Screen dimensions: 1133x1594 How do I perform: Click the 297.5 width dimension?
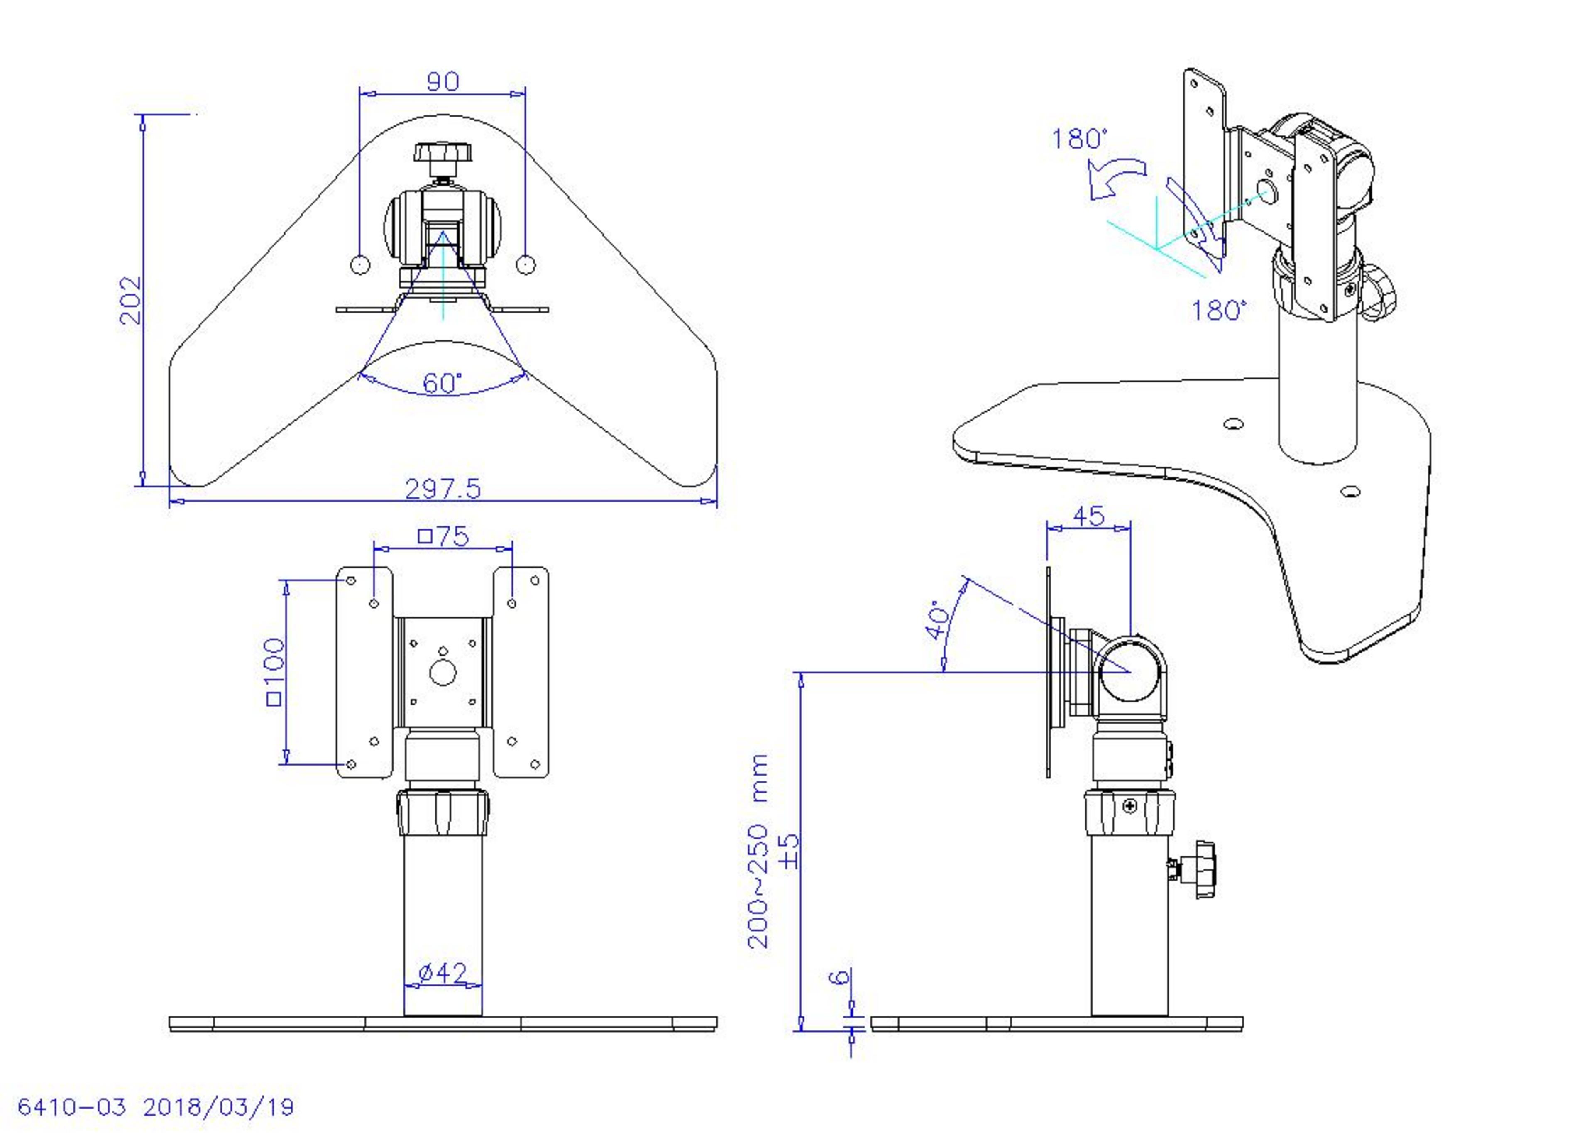coord(443,488)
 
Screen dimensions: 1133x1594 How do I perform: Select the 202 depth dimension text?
coord(130,300)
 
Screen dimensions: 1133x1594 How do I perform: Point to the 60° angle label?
coord(442,383)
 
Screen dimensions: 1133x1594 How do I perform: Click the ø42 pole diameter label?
coord(442,972)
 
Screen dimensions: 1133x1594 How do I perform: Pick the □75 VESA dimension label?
coord(443,536)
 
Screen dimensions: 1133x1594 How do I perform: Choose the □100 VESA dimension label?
coord(275,671)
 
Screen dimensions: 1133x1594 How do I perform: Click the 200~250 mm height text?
coord(758,851)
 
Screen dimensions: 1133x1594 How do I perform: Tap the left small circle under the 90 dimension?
coord(359,264)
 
